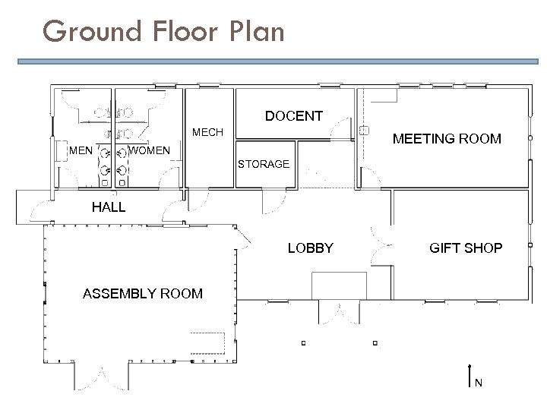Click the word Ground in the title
[x=92, y=31]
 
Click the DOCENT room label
[x=294, y=116]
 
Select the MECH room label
[x=207, y=132]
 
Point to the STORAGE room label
[x=264, y=164]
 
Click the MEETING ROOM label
[x=447, y=139]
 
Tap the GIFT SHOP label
[x=466, y=248]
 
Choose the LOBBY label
[x=311, y=248]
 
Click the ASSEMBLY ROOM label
[x=143, y=294]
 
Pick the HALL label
[x=109, y=207]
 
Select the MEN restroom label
[x=81, y=150]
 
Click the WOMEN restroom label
[x=149, y=150]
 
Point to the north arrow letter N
[x=479, y=383]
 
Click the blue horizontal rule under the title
[x=278, y=61]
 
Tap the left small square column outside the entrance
[x=303, y=343]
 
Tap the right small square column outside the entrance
[x=375, y=343]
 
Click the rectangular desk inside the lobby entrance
[x=339, y=285]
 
